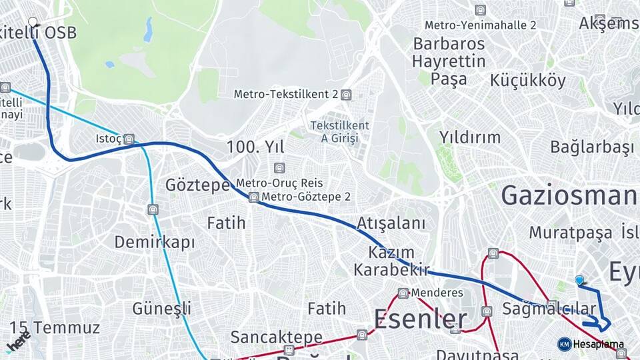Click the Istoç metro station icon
[129, 139]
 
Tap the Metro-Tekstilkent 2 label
[286, 95]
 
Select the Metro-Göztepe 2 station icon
[253, 197]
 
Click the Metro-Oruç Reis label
[279, 183]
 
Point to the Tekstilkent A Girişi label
[340, 132]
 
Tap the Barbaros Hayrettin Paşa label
[449, 61]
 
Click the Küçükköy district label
[527, 81]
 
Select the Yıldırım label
[470, 137]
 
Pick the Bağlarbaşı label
[592, 147]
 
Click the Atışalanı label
[391, 223]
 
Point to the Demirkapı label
[155, 242]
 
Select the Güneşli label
[161, 309]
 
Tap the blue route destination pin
[579, 281]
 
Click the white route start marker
[33, 22]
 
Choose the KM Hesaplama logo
[565, 344]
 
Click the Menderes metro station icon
[403, 293]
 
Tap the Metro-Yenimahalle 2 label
[480, 25]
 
